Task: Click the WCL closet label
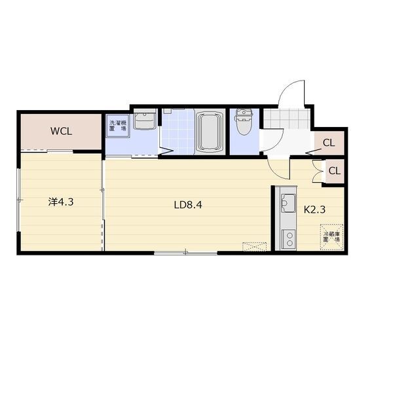click(61, 131)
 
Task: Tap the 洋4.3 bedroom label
click(61, 202)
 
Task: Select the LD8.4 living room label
click(188, 205)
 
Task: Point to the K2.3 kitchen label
click(314, 210)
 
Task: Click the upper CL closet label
click(329, 143)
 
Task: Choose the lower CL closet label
click(334, 171)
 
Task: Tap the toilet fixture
click(244, 122)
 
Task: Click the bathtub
click(210, 132)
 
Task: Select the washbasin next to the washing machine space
click(145, 121)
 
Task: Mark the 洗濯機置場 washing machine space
click(118, 126)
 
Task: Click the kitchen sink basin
click(288, 203)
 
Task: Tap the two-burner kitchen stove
click(289, 239)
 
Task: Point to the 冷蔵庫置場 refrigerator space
click(331, 237)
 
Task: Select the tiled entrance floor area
click(287, 119)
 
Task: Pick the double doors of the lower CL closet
click(318, 171)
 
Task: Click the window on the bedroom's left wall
click(18, 200)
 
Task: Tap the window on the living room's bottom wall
click(185, 253)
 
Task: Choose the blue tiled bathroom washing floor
click(178, 132)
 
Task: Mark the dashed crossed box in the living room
click(254, 246)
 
